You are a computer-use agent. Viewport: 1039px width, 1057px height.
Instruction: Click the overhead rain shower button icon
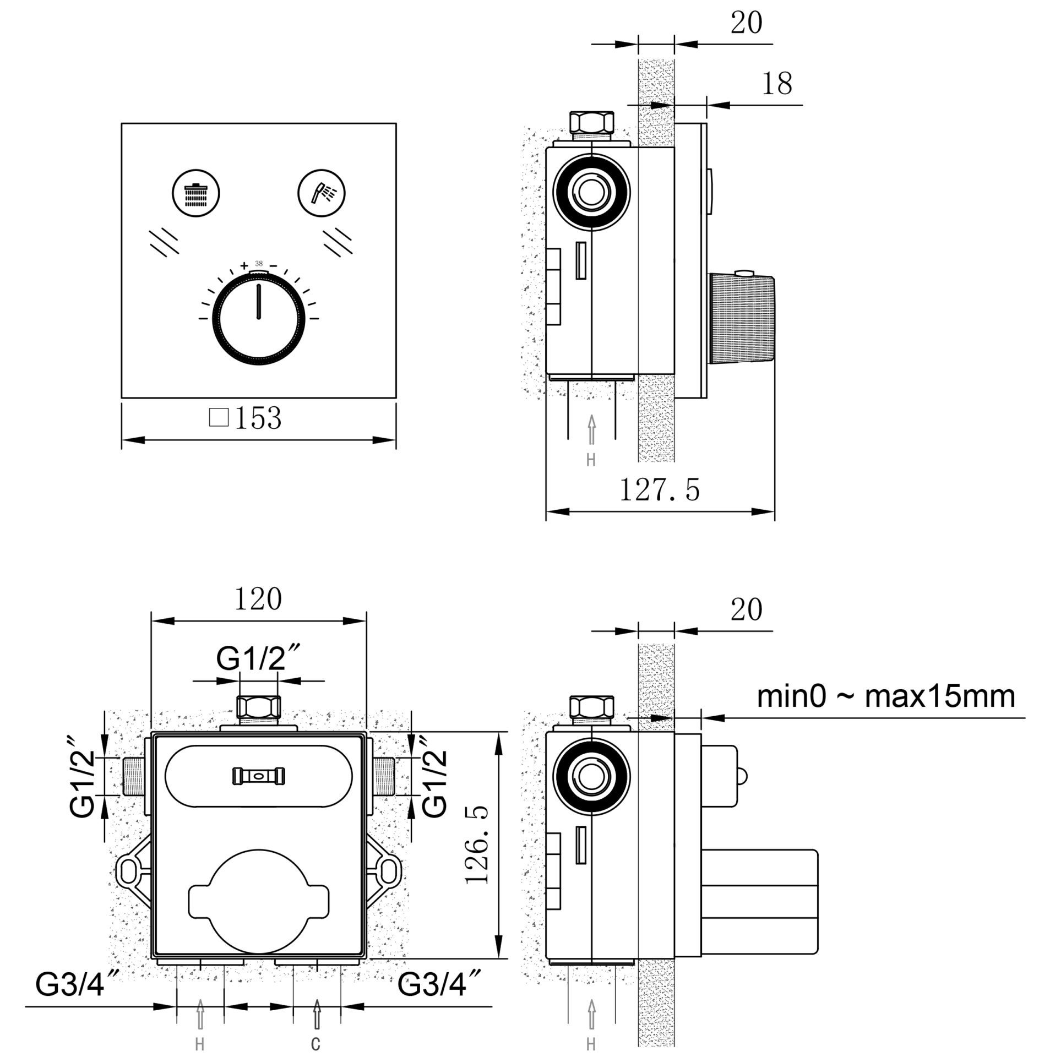pos(196,194)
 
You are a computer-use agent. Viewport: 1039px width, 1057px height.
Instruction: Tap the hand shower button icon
pos(322,194)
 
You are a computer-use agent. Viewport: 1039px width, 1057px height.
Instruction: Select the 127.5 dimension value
pos(660,489)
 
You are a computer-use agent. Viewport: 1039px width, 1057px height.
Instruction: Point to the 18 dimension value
pos(777,84)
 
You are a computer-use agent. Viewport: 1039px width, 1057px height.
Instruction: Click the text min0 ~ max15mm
pos(885,696)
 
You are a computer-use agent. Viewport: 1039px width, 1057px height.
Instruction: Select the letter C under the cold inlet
pos(315,1043)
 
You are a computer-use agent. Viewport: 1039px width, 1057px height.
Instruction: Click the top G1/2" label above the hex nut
pos(258,659)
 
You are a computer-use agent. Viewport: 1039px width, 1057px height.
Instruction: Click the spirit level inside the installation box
pos(258,775)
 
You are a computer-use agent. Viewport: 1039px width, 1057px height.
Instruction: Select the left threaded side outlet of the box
pos(132,776)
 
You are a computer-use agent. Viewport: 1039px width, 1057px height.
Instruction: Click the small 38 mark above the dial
pos(258,263)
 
